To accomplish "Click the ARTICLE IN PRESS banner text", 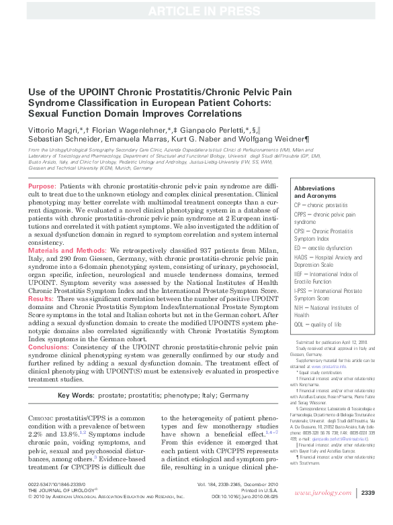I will click(x=196, y=9).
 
